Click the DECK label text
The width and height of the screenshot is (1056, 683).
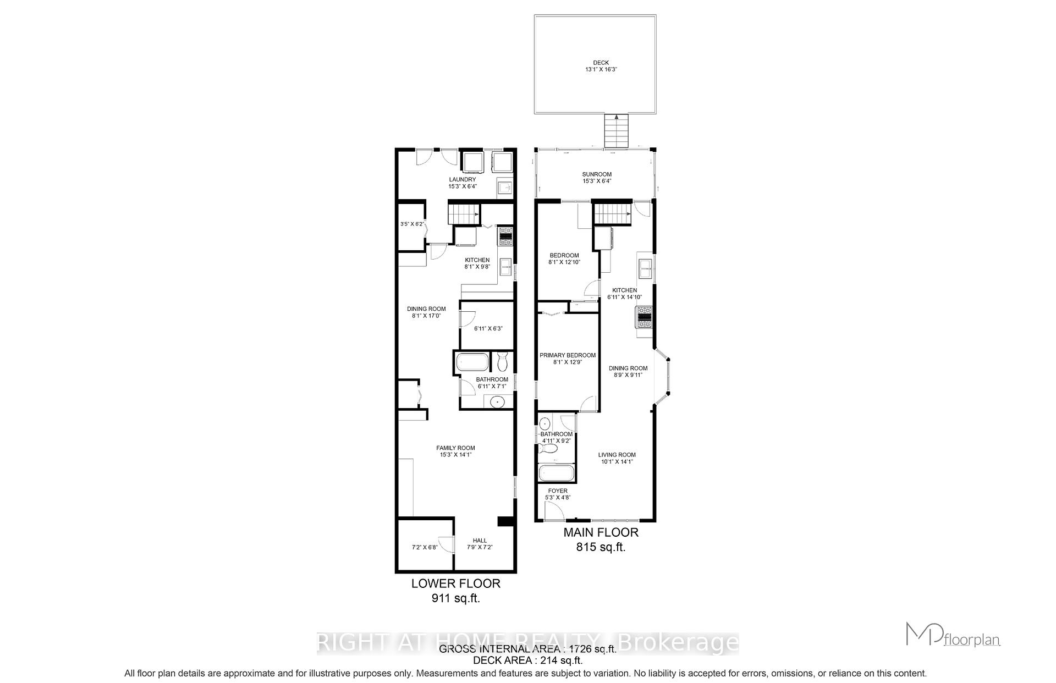point(601,63)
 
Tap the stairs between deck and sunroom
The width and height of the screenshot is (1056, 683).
point(616,131)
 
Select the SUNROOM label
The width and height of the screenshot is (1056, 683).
point(597,174)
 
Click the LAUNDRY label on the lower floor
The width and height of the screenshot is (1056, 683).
point(462,179)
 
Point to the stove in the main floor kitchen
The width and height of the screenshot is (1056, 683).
point(643,317)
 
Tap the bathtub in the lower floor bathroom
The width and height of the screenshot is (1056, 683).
point(472,362)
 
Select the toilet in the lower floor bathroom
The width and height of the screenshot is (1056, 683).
point(502,362)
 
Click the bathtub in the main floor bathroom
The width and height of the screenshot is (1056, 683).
point(556,473)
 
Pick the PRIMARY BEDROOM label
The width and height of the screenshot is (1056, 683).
point(567,355)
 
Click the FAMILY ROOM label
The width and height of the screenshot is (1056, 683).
point(455,448)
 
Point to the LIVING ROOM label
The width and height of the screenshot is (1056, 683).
point(617,455)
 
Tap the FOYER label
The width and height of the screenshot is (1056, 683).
point(558,491)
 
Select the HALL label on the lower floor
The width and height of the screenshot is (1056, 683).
point(480,541)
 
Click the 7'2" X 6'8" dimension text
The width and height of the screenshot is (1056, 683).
point(424,548)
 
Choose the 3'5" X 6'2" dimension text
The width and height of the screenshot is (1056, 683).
point(411,224)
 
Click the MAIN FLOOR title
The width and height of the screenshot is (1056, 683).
point(601,532)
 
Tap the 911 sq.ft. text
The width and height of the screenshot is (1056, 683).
point(455,598)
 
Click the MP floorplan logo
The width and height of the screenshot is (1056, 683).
point(953,635)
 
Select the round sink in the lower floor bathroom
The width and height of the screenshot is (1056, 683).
point(497,401)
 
